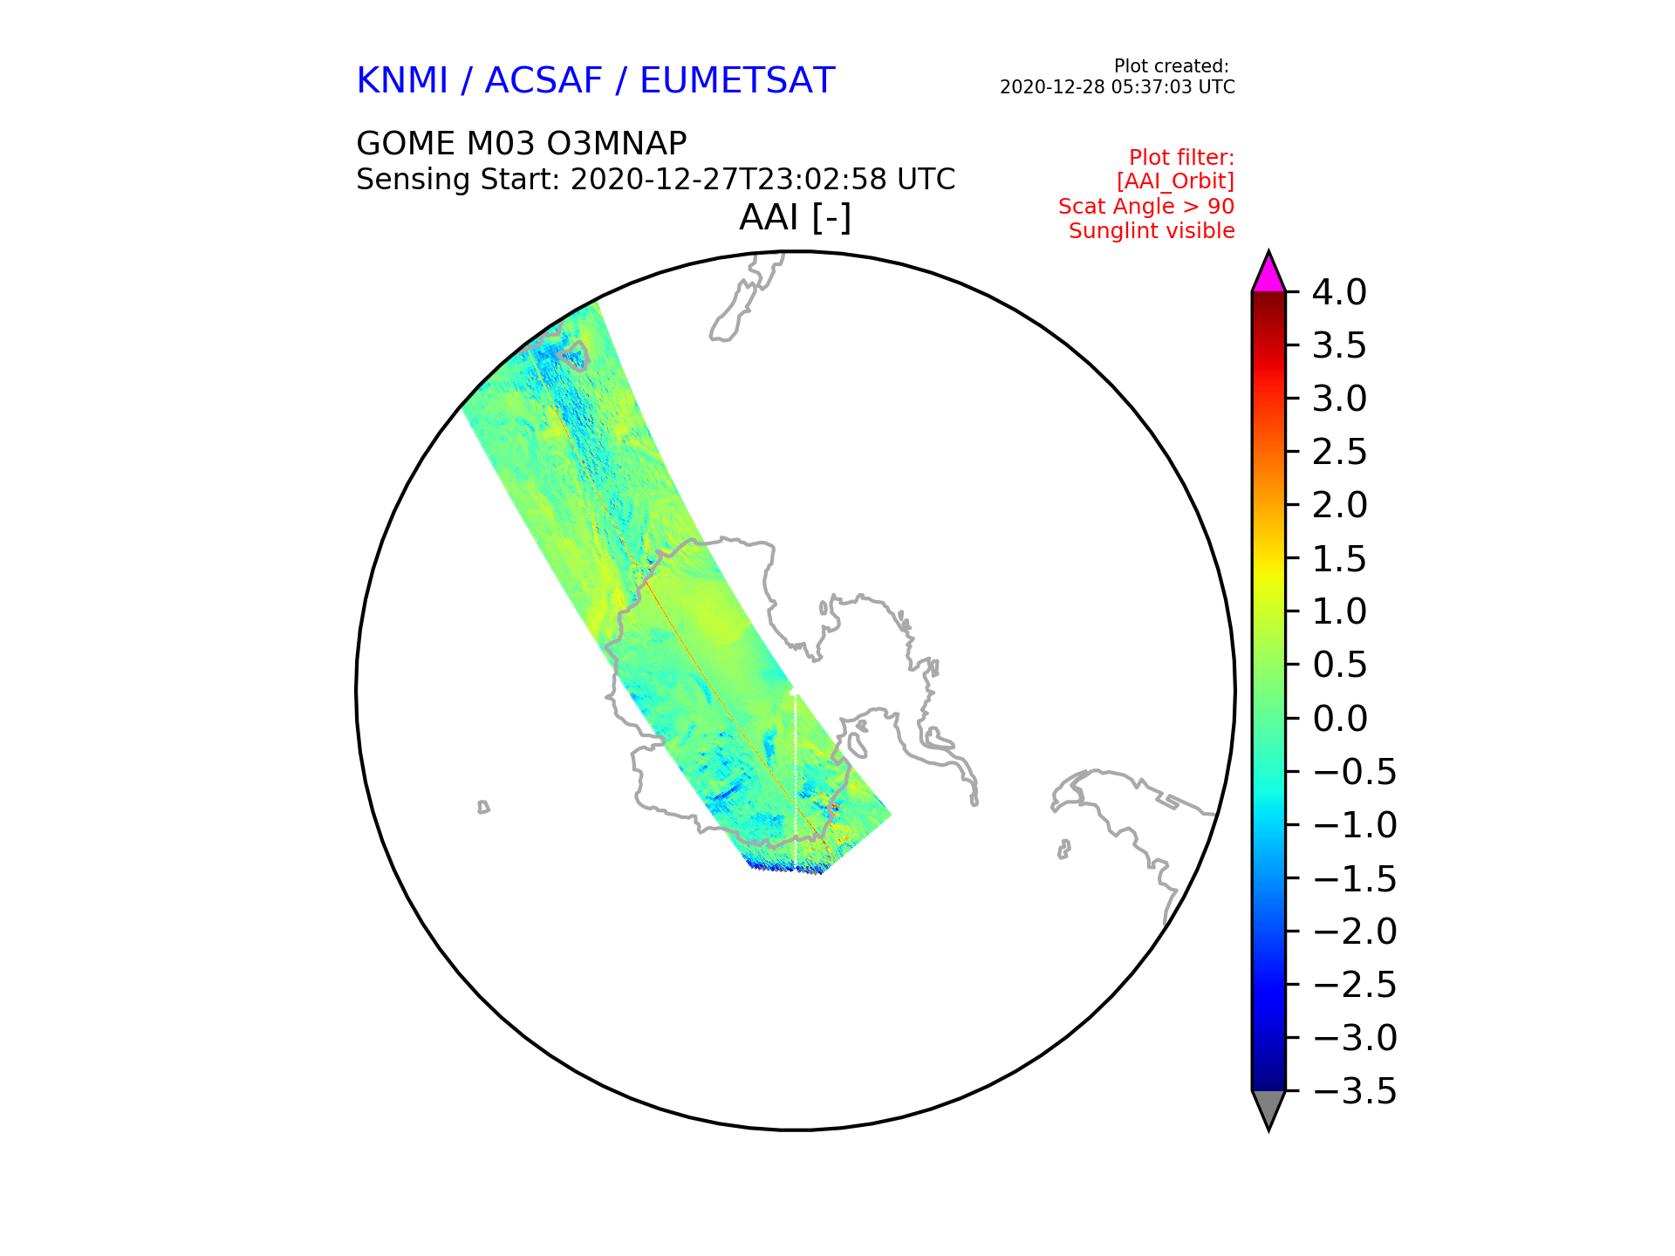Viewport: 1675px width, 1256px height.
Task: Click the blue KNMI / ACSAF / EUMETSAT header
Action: pos(596,81)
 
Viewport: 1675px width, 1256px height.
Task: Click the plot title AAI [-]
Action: pos(795,218)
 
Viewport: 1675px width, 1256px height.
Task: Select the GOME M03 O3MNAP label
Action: pos(522,143)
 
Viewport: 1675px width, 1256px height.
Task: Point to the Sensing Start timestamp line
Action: pos(656,180)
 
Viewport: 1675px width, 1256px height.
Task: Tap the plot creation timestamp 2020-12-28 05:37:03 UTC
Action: pos(1118,87)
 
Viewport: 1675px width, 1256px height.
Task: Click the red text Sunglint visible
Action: pos(1152,231)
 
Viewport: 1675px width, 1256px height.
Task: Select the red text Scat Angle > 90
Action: pos(1146,207)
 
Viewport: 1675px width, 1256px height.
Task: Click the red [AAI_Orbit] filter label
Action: pos(1175,181)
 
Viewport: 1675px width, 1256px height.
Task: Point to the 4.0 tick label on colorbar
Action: pos(1340,292)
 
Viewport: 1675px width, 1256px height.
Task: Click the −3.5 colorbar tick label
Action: pos(1355,1091)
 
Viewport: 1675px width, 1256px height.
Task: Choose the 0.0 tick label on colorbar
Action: pos(1340,719)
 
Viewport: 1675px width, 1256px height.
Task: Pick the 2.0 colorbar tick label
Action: pos(1340,505)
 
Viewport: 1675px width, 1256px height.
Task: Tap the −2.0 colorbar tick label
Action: pos(1355,932)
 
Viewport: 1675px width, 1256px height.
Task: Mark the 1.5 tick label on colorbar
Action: pos(1340,558)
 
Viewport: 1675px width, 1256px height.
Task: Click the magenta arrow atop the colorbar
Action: pos(1268,274)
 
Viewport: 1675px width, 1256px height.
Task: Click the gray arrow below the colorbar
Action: pos(1268,1109)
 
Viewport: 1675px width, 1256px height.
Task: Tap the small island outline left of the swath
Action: pos(483,808)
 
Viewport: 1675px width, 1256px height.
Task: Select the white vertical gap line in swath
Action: pos(796,781)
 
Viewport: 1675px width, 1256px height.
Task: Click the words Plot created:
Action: pos(1172,66)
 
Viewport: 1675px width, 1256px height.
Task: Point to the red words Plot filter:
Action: pos(1182,158)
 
